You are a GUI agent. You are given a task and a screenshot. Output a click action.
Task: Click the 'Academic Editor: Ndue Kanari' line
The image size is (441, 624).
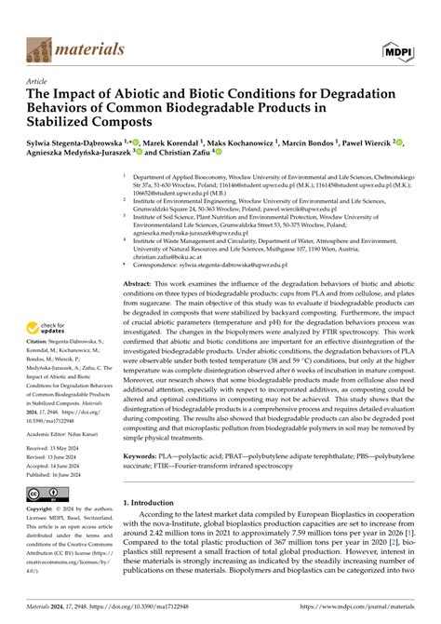click(x=62, y=433)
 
